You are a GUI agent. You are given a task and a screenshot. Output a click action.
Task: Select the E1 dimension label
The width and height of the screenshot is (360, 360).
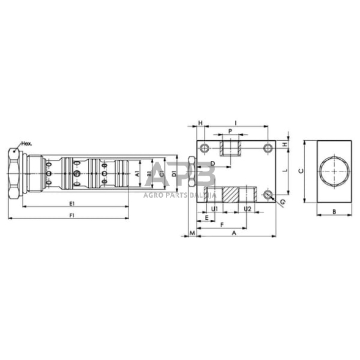(x=72, y=203)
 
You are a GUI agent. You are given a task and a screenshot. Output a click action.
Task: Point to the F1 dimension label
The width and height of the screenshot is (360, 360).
(x=72, y=215)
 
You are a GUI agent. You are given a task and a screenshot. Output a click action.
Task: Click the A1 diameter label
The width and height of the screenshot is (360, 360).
(x=138, y=174)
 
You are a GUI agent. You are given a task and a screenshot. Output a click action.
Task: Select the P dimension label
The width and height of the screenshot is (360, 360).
(x=229, y=131)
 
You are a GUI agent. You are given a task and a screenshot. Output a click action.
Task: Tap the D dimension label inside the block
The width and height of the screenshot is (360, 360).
(x=212, y=163)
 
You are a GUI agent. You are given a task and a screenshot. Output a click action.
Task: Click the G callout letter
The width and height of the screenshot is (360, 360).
(x=282, y=201)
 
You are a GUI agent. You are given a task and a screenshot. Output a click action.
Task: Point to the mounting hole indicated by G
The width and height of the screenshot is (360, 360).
(x=268, y=195)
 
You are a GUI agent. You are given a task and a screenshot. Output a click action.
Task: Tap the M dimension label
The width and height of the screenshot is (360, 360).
(x=192, y=233)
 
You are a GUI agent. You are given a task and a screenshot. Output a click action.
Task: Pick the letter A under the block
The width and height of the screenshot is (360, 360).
(x=233, y=233)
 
